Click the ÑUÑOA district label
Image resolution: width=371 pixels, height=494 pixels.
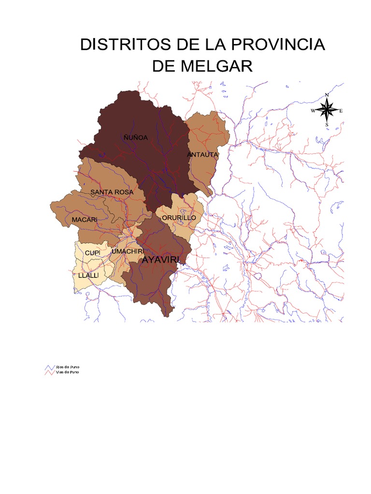[135, 137]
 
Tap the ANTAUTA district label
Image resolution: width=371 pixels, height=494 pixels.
[203, 155]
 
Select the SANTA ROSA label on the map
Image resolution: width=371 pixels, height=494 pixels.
[111, 192]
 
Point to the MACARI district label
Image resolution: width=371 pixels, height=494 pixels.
[85, 220]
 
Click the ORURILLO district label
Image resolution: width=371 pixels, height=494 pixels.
[179, 218]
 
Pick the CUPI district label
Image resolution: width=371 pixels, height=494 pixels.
[92, 253]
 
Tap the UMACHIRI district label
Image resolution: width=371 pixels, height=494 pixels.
[128, 251]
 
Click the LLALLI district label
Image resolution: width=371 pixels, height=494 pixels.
[88, 275]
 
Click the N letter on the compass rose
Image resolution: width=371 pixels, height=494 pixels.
[327, 95]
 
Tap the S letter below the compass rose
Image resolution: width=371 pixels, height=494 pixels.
[327, 125]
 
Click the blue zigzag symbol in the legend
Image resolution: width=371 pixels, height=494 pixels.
[50, 367]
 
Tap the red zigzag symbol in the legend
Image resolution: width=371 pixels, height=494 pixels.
[50, 373]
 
